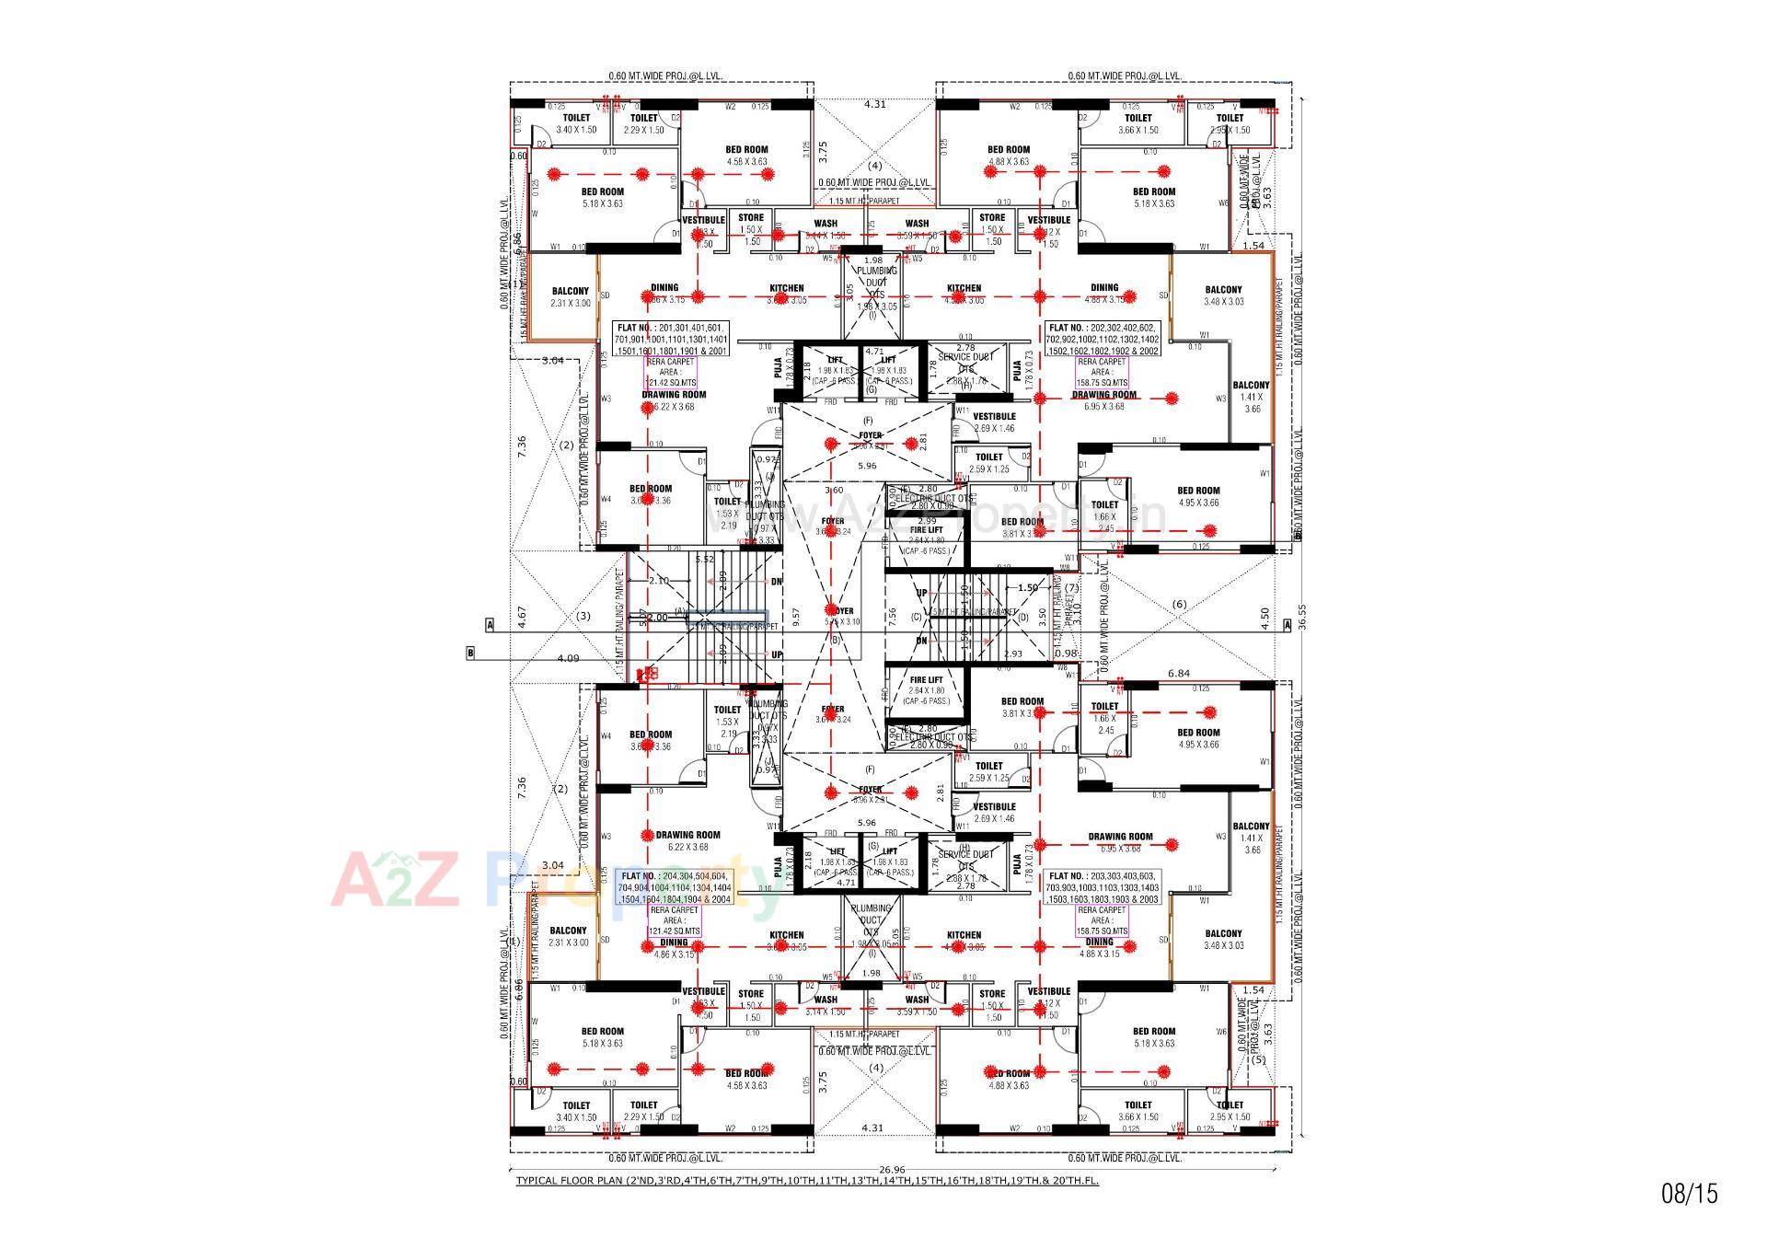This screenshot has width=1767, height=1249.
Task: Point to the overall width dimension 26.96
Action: click(892, 1170)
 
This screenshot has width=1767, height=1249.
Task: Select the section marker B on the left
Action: click(470, 653)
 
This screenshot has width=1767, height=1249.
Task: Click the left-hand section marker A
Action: click(490, 625)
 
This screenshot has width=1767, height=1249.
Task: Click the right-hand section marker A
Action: click(1288, 625)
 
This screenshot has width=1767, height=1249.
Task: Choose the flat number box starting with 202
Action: click(1103, 339)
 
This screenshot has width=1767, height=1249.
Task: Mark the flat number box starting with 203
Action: click(1103, 887)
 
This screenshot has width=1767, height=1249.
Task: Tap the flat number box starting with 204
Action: click(676, 887)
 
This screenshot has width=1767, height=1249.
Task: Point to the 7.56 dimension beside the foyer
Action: click(891, 617)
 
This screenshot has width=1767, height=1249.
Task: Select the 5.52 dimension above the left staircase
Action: click(705, 560)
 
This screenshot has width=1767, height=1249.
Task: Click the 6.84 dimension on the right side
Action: click(1178, 674)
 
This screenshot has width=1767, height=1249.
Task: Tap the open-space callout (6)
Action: click(1179, 605)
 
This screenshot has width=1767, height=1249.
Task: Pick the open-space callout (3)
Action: click(583, 616)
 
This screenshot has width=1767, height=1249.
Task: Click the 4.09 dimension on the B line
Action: click(568, 658)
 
